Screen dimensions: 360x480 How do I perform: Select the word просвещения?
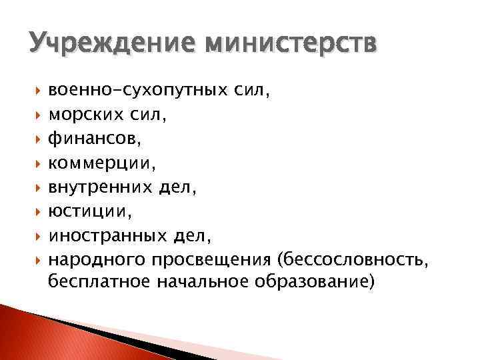click(211, 261)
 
